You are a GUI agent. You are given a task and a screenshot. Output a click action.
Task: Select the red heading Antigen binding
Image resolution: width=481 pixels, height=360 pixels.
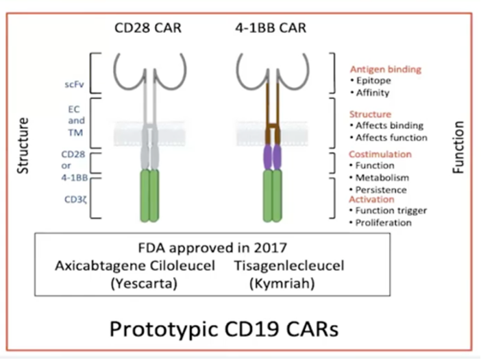pos(386,69)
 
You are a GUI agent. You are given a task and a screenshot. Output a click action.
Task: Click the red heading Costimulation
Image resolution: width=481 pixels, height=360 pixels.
pos(381,154)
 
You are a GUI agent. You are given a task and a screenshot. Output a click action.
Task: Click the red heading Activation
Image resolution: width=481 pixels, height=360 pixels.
pos(372,199)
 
